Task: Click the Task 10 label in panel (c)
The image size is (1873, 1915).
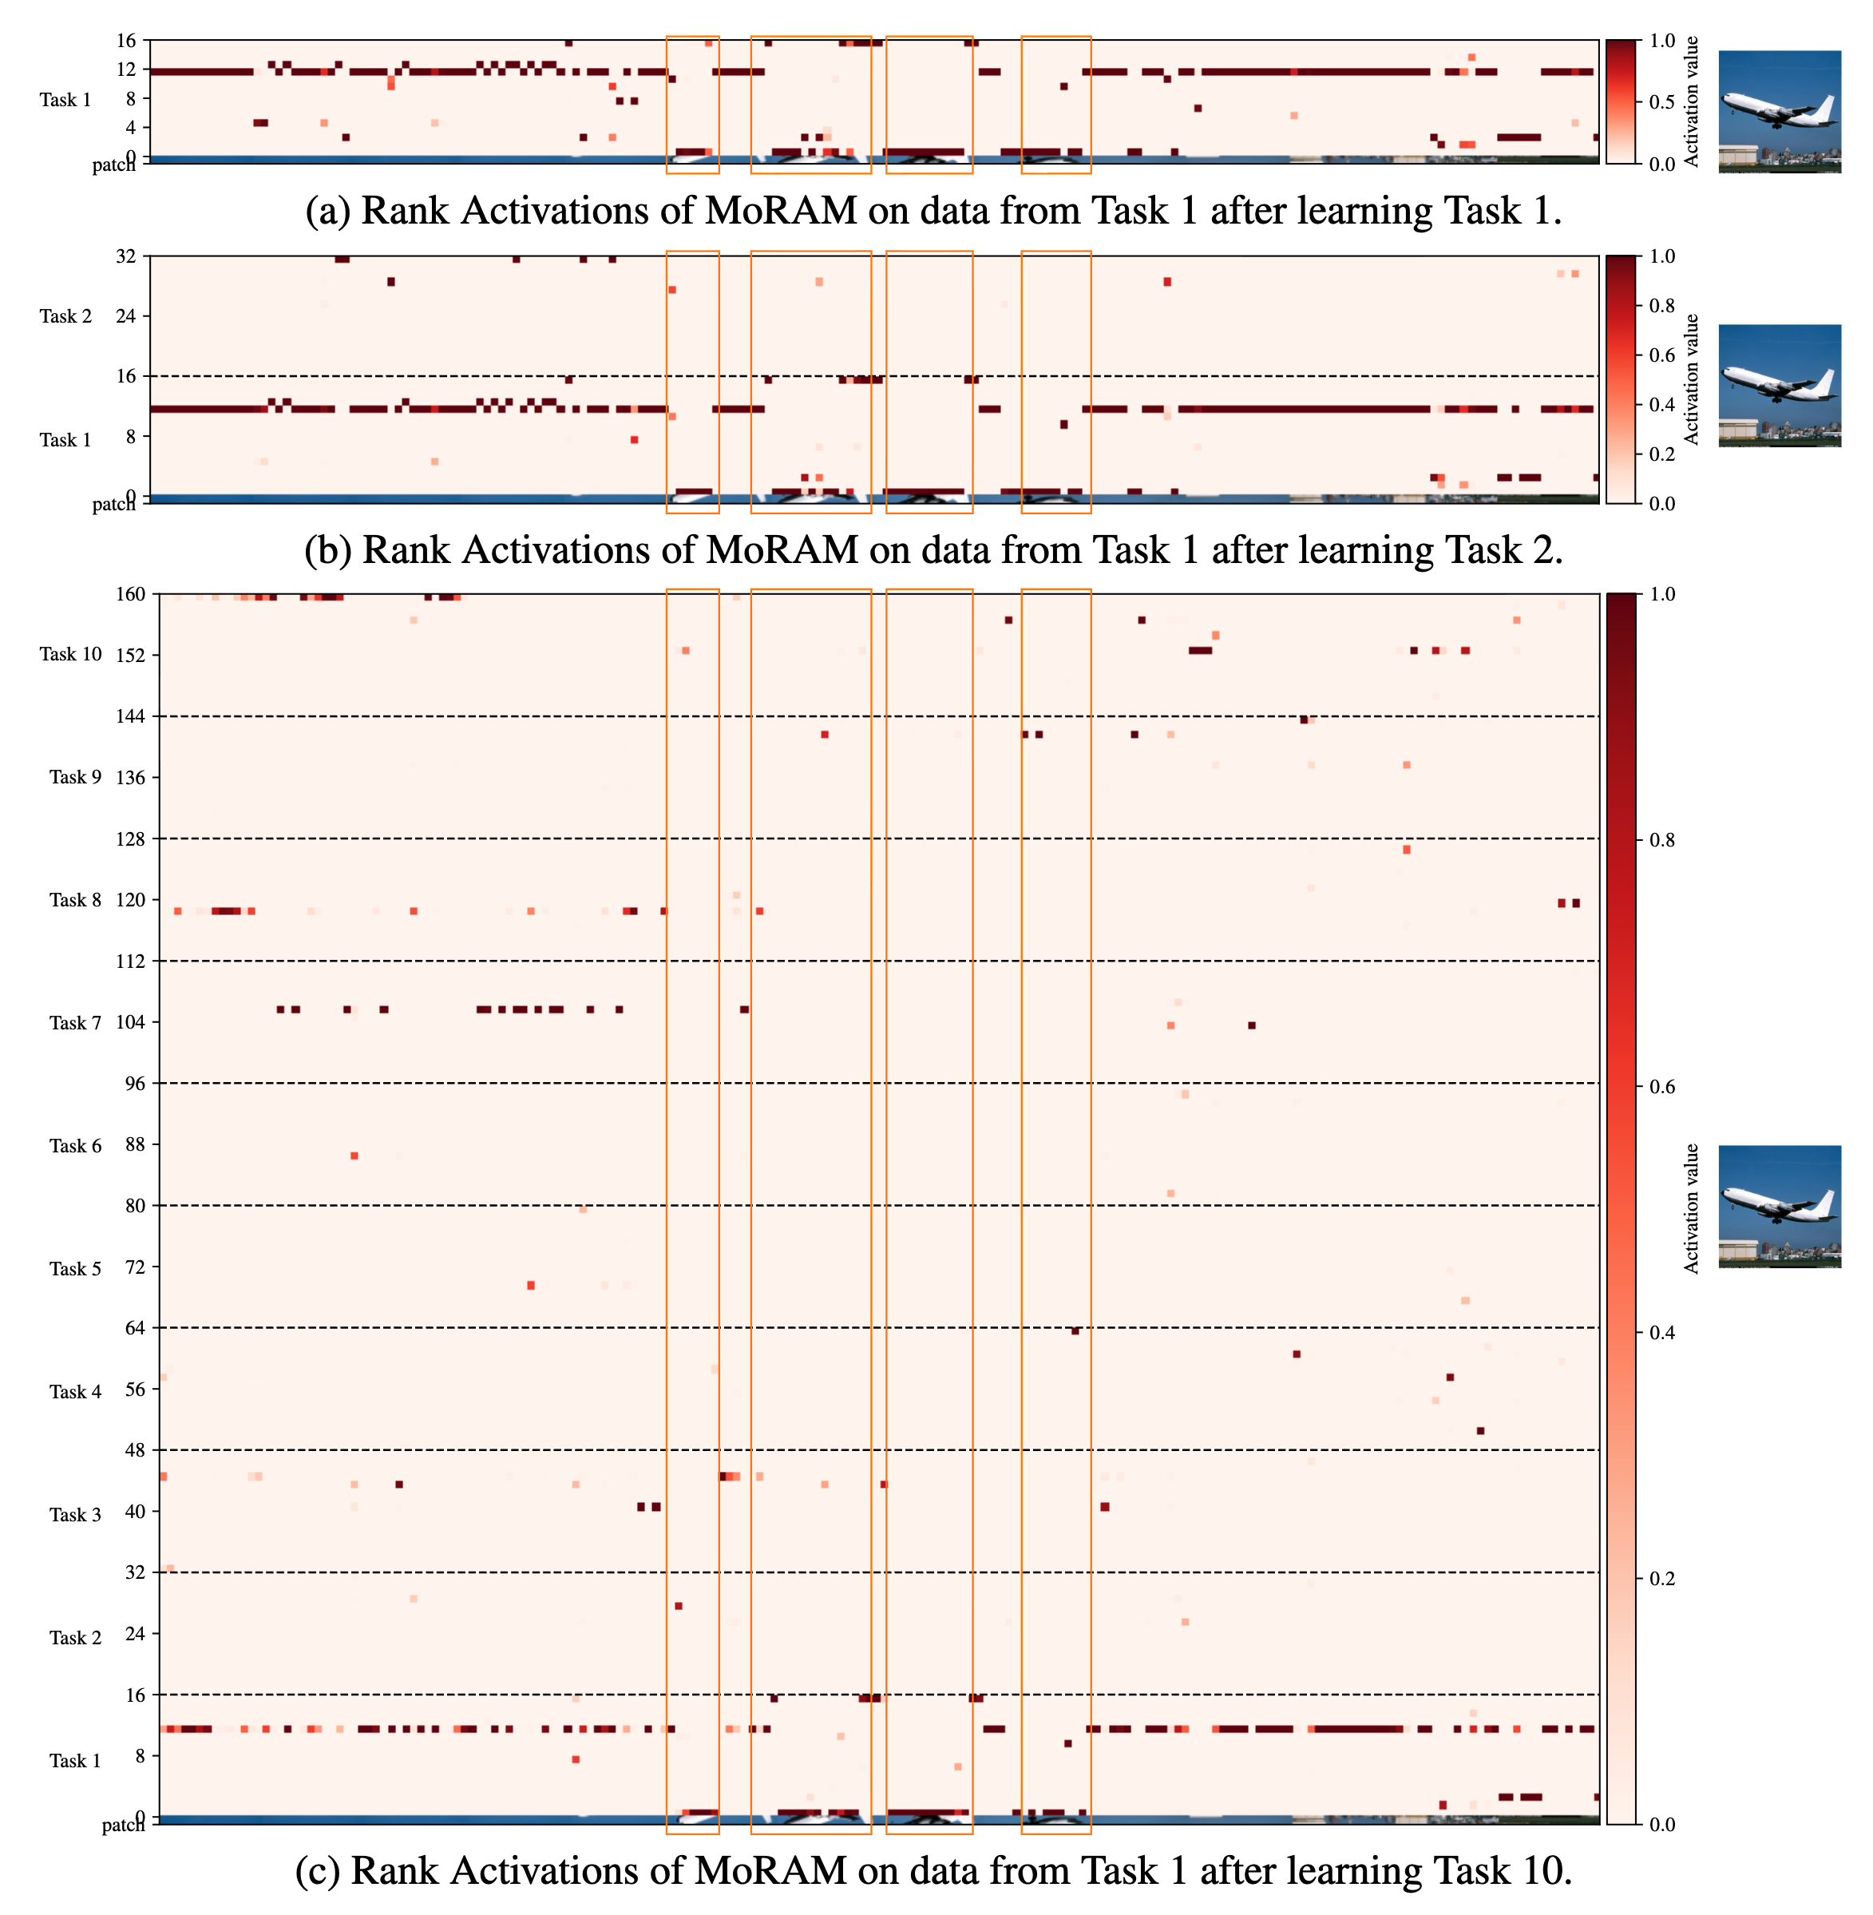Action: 71,654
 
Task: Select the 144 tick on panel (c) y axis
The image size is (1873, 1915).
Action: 131,716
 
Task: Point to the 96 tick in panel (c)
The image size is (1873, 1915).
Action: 135,1084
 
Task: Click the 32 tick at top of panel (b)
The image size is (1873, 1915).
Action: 126,257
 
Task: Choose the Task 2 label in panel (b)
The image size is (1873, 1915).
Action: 66,316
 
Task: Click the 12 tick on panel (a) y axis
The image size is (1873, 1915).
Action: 126,69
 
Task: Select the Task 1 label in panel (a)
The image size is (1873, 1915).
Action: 66,99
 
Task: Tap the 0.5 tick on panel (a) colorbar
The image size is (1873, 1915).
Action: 1661,102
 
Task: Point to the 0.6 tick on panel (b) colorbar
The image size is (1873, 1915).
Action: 1661,355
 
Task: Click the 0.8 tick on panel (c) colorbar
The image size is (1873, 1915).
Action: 1661,840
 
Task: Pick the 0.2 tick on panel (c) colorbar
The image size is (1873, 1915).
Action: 1661,1579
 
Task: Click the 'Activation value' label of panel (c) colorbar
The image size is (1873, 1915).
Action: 1691,1208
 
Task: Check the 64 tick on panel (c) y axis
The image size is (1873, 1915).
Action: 135,1329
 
